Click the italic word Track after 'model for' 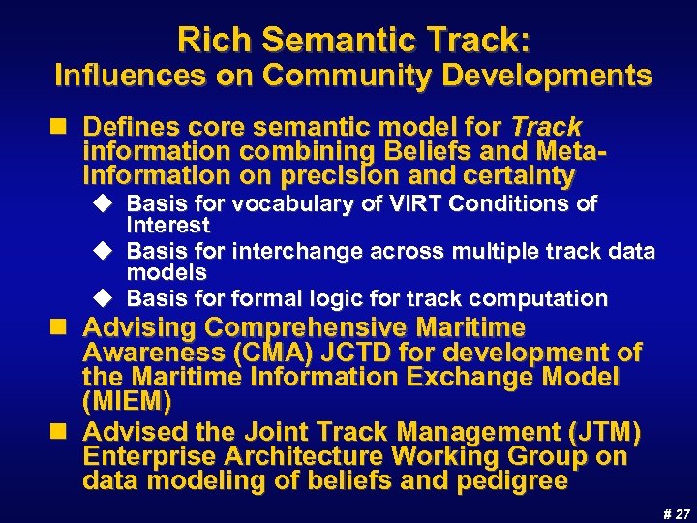pyautogui.click(x=546, y=127)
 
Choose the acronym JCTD pyautogui.click(x=363, y=353)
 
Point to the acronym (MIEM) pyautogui.click(x=128, y=400)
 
